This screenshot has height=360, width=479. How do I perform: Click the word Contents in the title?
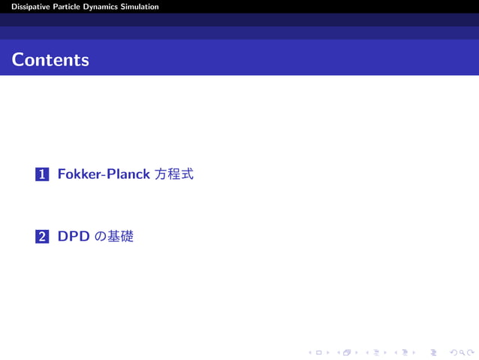tap(50, 59)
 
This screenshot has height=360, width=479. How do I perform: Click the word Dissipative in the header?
tap(26, 7)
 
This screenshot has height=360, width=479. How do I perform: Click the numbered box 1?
tap(42, 174)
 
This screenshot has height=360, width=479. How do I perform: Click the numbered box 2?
tap(42, 237)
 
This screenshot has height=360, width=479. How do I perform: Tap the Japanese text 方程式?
tap(174, 174)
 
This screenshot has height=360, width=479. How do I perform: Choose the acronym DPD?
tap(74, 237)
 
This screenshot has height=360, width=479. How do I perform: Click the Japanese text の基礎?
tap(114, 237)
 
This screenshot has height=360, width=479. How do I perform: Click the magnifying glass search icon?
tap(460, 351)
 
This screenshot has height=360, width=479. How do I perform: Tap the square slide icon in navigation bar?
tap(318, 351)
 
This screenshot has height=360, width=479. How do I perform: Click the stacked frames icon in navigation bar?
tap(346, 351)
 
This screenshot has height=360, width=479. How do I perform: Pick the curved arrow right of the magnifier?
tap(470, 351)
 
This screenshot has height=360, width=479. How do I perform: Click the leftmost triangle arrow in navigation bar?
tap(310, 351)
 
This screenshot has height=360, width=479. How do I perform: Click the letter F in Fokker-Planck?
tap(62, 174)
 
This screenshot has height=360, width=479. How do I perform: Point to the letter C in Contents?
tap(17, 59)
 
